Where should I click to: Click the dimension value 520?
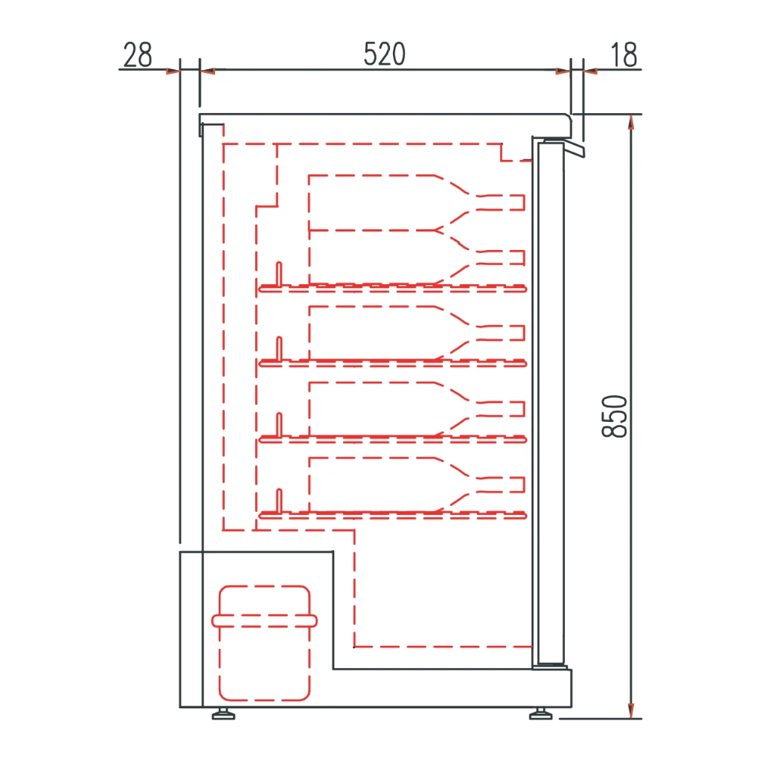[x=385, y=54]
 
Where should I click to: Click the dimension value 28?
[x=138, y=54]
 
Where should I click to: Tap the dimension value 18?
[x=624, y=54]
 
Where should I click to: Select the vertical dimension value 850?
[x=615, y=417]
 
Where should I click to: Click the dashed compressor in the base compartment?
[x=264, y=643]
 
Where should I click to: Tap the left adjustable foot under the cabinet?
[x=223, y=714]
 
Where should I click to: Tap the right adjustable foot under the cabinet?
[x=540, y=714]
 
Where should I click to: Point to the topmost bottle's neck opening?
[x=524, y=202]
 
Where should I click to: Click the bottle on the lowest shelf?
[x=417, y=484]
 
